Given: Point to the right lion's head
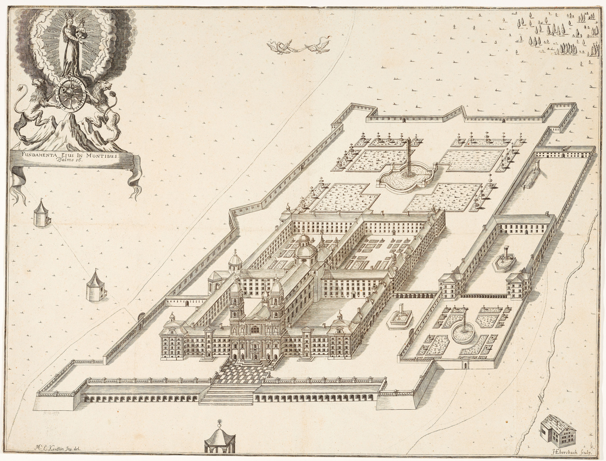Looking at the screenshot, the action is click(x=105, y=85).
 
